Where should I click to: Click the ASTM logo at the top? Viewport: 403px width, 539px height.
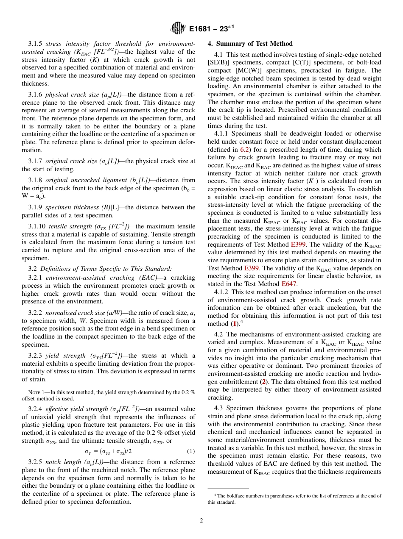[x=178, y=29]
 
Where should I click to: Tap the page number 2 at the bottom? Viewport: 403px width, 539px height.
[x=201, y=521]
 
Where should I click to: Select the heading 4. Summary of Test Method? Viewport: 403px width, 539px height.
[x=250, y=44]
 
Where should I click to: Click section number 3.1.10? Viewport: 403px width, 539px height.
[x=37, y=226]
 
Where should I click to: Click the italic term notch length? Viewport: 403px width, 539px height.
[x=59, y=462]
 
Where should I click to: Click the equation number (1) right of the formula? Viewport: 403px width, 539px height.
[x=191, y=451]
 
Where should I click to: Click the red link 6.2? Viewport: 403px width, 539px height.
[x=245, y=149]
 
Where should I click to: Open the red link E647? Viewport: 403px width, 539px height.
[x=289, y=284]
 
